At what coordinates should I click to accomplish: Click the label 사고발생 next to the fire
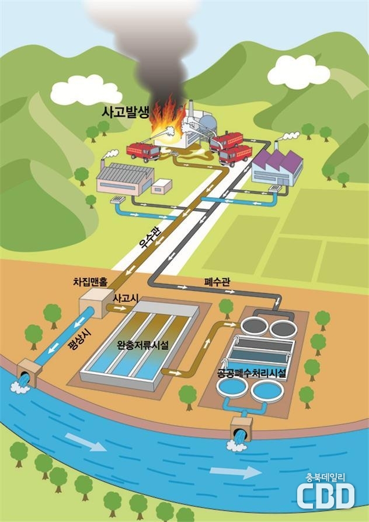(x=126, y=113)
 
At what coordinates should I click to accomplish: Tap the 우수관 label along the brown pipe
(x=149, y=239)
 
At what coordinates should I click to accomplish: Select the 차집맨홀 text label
(x=90, y=283)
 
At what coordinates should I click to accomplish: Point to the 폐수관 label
(x=217, y=282)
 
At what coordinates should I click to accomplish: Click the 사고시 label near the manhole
(x=126, y=298)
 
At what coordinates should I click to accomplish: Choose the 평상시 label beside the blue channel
(x=77, y=339)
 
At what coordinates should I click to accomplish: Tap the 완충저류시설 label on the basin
(x=142, y=345)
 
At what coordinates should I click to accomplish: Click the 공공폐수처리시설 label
(x=251, y=373)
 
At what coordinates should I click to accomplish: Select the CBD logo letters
(x=326, y=496)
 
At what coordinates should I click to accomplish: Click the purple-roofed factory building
(x=277, y=168)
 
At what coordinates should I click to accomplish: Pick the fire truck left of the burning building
(x=143, y=152)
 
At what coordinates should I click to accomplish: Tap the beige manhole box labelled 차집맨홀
(x=96, y=303)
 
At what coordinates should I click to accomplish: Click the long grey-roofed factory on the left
(x=126, y=178)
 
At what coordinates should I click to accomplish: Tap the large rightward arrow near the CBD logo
(x=236, y=472)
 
